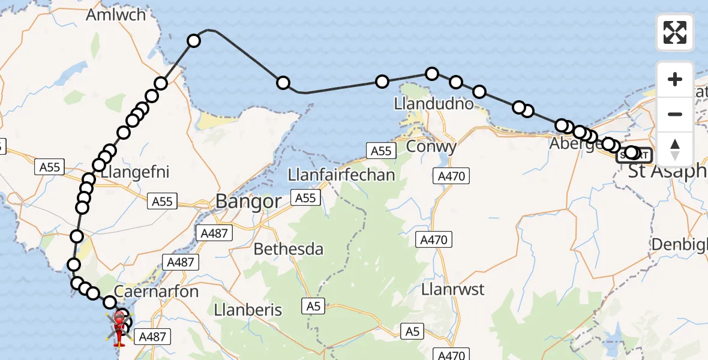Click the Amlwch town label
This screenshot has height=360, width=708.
pos(116,14)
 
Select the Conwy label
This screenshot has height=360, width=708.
pos(431,146)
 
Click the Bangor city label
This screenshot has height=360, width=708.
pos(248,201)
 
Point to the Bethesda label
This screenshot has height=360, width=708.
pos(289,248)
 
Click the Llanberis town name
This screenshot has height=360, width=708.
pos(248,310)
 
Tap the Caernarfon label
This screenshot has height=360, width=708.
pos(147,292)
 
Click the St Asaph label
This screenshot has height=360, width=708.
pos(666,171)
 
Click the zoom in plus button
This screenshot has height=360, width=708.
pos(675,79)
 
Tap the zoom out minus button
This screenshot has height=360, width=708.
pos(675,114)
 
